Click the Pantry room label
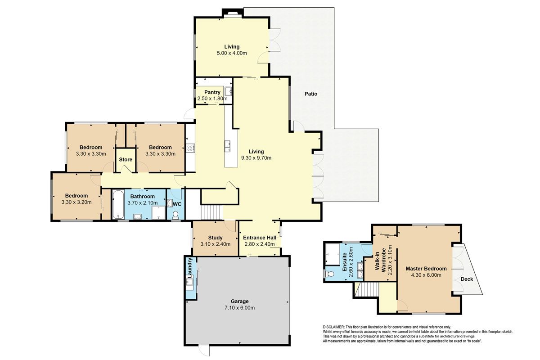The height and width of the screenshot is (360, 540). click(x=212, y=92)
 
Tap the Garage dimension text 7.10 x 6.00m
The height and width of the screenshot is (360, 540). click(x=239, y=308)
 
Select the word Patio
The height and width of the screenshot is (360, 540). click(x=311, y=94)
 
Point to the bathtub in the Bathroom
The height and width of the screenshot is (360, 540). click(x=118, y=204)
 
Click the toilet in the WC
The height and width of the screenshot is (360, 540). click(x=175, y=215)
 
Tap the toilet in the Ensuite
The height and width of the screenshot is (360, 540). click(x=329, y=274)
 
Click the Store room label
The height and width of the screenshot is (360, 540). click(x=126, y=159)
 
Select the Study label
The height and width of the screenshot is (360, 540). click(x=215, y=238)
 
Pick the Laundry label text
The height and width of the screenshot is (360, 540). click(x=190, y=267)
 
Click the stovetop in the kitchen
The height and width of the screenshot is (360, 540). click(x=190, y=148)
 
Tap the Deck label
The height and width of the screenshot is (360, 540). click(x=467, y=279)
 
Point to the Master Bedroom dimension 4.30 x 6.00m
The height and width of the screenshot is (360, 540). click(x=426, y=275)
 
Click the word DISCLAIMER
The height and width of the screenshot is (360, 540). click(x=333, y=327)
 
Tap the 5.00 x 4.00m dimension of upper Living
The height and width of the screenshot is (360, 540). click(x=232, y=53)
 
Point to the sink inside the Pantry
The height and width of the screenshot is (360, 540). click(x=228, y=91)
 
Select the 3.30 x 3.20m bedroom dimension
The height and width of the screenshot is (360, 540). click(x=76, y=202)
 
